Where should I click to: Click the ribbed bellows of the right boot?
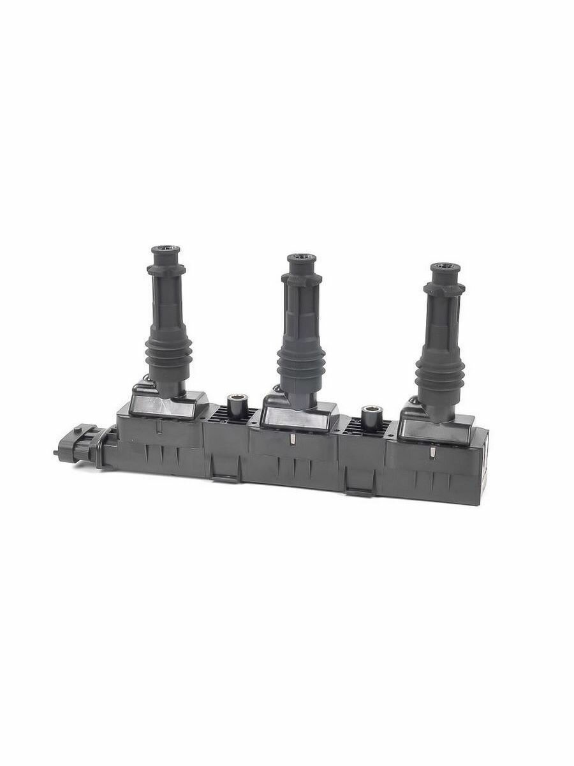[439, 373]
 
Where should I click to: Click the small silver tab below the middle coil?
[291, 439]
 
